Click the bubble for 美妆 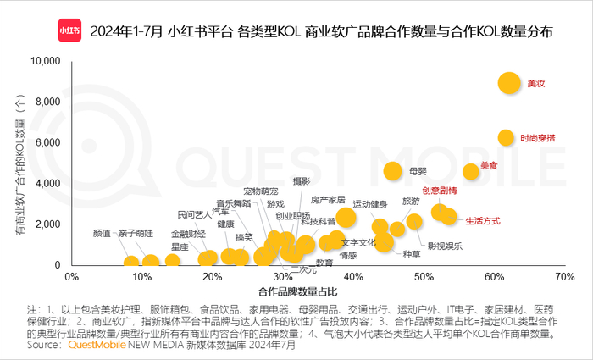(x=508, y=82)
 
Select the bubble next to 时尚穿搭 (x=506, y=137)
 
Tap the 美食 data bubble (x=471, y=170)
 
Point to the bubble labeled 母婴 (x=392, y=171)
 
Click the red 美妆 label (x=535, y=83)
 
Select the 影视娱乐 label (x=444, y=246)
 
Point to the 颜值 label (x=102, y=233)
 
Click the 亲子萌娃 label (x=136, y=233)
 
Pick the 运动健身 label (x=369, y=204)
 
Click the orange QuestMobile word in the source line (x=97, y=346)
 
